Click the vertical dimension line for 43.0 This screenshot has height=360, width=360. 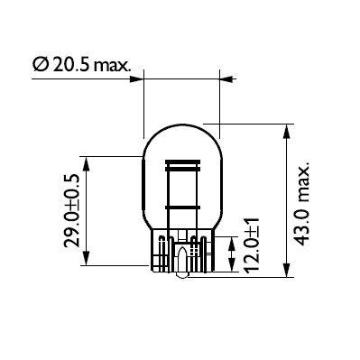pos(287,198)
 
